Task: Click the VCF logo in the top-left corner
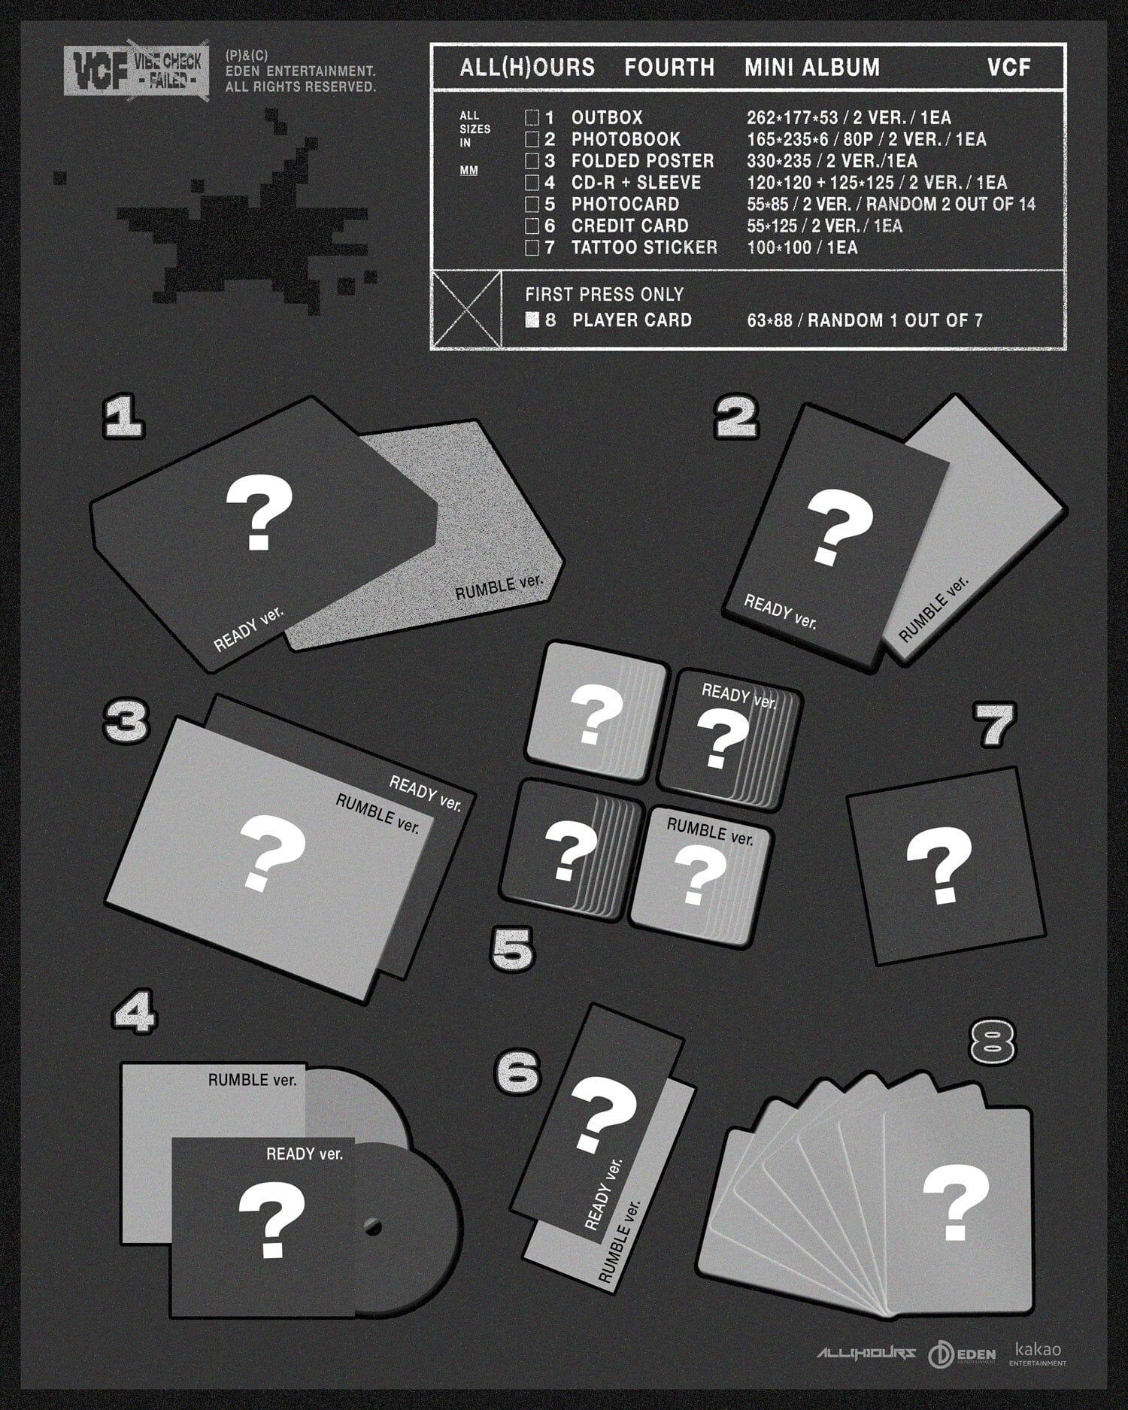pyautogui.click(x=135, y=72)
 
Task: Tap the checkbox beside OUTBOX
pyautogui.click(x=532, y=118)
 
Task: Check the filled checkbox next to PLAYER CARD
pyautogui.click(x=532, y=320)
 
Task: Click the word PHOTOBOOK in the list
pyautogui.click(x=626, y=139)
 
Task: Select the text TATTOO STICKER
pyautogui.click(x=644, y=247)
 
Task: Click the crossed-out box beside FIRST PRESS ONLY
pyautogui.click(x=467, y=309)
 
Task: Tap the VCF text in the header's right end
pyautogui.click(x=1008, y=68)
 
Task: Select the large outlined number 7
pyautogui.click(x=994, y=724)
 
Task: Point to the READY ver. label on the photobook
pyautogui.click(x=780, y=611)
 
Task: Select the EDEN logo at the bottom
pyautogui.click(x=962, y=1354)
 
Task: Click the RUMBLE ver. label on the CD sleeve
pyautogui.click(x=253, y=1080)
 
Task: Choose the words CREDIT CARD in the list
pyautogui.click(x=630, y=226)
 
